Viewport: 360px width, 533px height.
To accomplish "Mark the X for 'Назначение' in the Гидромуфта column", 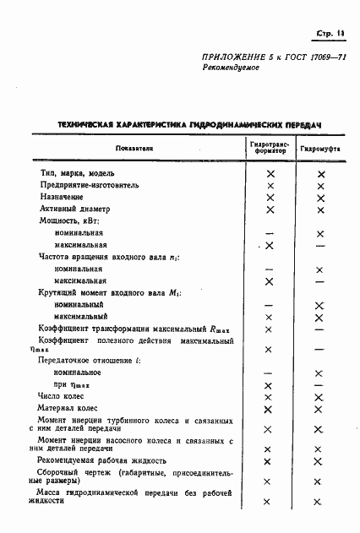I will coord(319,197).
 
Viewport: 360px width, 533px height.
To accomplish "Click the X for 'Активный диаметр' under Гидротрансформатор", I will coord(270,209).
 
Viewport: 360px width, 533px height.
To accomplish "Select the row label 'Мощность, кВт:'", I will coord(70,220).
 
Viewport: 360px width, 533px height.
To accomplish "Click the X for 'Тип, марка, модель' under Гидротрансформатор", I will coord(270,173).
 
